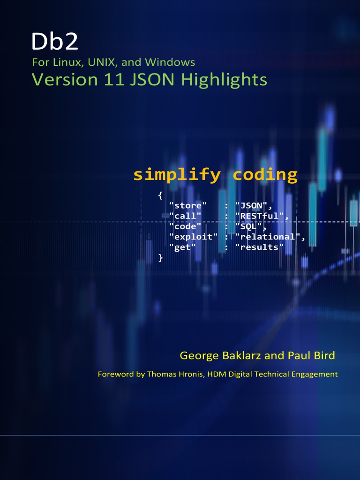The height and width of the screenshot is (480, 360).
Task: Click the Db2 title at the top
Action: tap(55, 41)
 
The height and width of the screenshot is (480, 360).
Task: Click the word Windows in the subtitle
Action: tap(170, 62)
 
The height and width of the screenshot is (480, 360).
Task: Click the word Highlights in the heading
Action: tap(224, 80)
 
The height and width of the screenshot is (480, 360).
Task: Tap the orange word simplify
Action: tap(177, 175)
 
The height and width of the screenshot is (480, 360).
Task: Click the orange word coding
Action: tap(265, 175)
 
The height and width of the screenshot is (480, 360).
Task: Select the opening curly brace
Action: tap(160, 195)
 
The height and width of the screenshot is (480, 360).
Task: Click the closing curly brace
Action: tap(160, 258)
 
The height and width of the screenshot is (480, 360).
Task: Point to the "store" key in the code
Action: tap(188, 205)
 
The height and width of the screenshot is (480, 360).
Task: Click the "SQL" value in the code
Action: tap(248, 226)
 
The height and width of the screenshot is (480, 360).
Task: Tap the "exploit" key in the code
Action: tap(194, 237)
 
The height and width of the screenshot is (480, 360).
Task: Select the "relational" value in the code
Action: tap(268, 237)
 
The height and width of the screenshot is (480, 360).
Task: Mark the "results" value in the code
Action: tap(259, 247)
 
